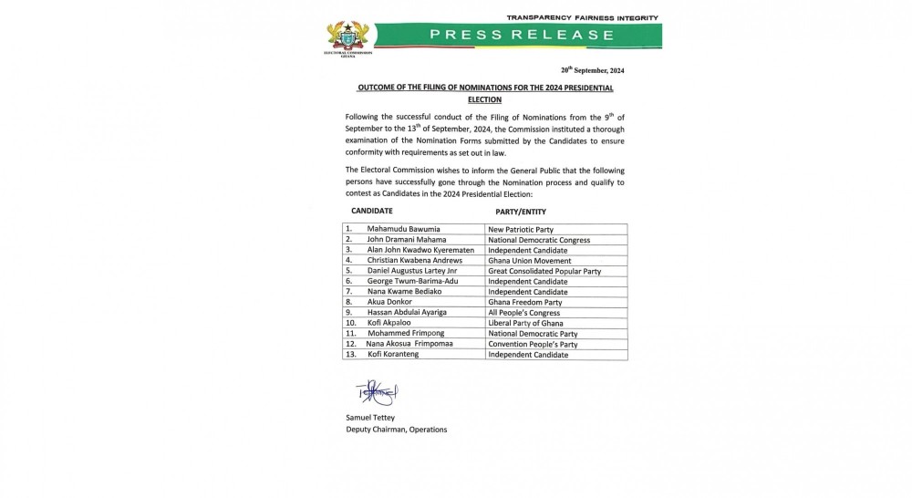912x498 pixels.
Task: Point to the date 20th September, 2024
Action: point(592,70)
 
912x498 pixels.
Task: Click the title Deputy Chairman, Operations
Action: point(396,430)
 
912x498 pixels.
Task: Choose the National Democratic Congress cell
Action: point(540,239)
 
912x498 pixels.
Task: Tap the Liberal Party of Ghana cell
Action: point(526,323)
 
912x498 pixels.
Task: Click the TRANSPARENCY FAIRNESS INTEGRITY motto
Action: point(582,17)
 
